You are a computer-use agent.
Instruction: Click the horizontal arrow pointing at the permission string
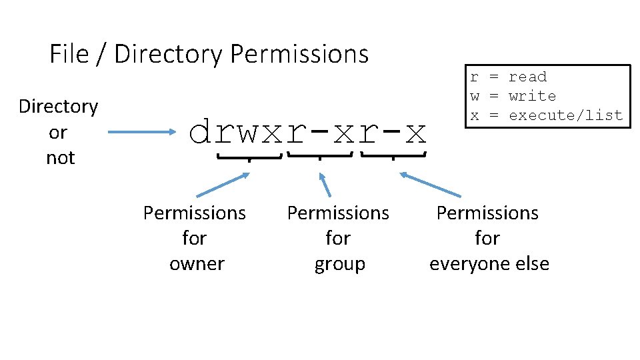pyautogui.click(x=139, y=133)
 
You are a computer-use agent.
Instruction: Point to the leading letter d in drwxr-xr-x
pyautogui.click(x=201, y=133)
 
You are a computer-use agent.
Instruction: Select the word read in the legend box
pyautogui.click(x=527, y=77)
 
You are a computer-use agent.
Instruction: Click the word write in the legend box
pyautogui.click(x=532, y=96)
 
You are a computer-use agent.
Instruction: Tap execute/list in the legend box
pyautogui.click(x=565, y=115)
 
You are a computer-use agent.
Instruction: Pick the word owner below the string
pyautogui.click(x=197, y=263)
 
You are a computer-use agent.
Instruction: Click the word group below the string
pyautogui.click(x=340, y=263)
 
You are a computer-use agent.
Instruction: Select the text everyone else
pyautogui.click(x=489, y=263)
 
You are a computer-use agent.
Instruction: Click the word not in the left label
pyautogui.click(x=60, y=158)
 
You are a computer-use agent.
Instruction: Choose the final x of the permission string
pyautogui.click(x=415, y=133)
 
